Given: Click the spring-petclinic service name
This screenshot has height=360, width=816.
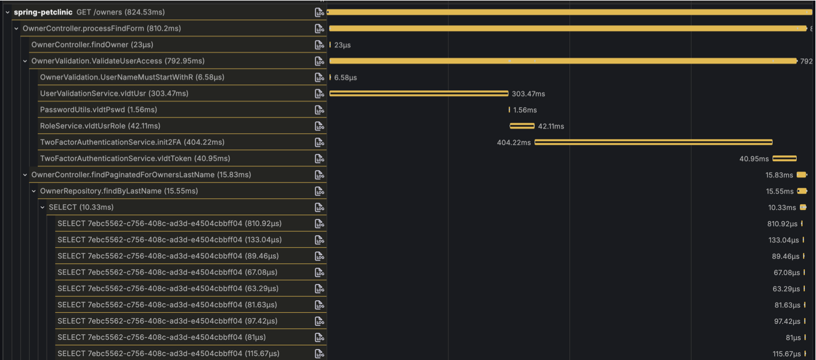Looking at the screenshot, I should pyautogui.click(x=43, y=12).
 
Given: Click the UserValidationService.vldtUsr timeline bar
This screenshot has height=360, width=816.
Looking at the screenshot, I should pyautogui.click(x=419, y=94).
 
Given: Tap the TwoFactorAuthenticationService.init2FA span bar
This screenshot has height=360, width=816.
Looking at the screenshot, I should pyautogui.click(x=653, y=142).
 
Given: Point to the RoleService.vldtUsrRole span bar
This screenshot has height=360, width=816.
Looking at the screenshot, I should pyautogui.click(x=522, y=126).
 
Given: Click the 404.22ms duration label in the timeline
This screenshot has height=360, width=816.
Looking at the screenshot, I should pyautogui.click(x=514, y=142).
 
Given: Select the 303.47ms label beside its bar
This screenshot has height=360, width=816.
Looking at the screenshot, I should pyautogui.click(x=528, y=94).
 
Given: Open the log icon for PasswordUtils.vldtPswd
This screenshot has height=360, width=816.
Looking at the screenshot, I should pyautogui.click(x=319, y=110).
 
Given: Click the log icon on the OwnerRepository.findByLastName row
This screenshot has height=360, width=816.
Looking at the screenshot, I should pyautogui.click(x=319, y=191).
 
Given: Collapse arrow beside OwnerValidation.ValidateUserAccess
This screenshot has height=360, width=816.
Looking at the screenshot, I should pyautogui.click(x=25, y=61).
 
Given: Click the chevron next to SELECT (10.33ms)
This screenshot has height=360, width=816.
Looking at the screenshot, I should pyautogui.click(x=42, y=208).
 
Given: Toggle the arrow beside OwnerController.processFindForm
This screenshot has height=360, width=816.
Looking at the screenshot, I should pyautogui.click(x=16, y=28).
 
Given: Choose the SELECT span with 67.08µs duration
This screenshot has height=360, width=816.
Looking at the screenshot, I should pyautogui.click(x=167, y=273).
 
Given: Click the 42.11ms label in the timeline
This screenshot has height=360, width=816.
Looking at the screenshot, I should pyautogui.click(x=551, y=126).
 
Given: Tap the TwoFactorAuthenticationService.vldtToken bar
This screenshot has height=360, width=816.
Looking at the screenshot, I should pyautogui.click(x=784, y=159).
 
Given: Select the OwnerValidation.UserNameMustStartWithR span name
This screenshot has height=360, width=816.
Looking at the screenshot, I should pyautogui.click(x=132, y=77).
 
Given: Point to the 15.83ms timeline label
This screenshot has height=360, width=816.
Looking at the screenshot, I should pyautogui.click(x=779, y=175).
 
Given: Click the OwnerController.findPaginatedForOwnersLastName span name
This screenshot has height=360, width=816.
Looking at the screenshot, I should pyautogui.click(x=141, y=175).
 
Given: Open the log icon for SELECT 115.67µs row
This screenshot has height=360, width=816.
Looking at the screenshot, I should pyautogui.click(x=319, y=354).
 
